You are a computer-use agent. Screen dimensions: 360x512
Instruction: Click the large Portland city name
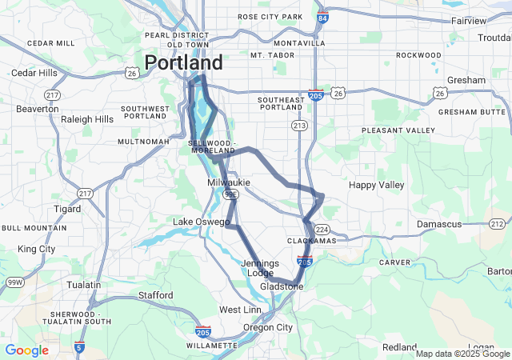pos(184,63)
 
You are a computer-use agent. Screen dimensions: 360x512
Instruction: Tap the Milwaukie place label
pos(229,183)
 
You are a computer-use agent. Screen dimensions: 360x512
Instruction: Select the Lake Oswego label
pos(202,222)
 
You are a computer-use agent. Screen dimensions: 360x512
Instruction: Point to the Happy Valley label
pos(377,185)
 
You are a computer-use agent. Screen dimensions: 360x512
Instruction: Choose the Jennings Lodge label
pos(260,268)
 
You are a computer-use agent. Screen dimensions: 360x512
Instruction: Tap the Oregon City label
pos(268,327)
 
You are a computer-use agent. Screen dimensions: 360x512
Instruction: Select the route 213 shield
pos(299,126)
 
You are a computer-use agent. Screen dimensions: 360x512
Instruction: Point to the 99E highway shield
pos(230,194)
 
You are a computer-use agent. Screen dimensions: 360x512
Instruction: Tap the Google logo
pos(26,350)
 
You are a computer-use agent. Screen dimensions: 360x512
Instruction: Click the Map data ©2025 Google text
pos(462,354)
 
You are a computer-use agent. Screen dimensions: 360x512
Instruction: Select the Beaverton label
pos(38,108)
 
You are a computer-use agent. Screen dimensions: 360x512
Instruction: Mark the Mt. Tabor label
pos(272,55)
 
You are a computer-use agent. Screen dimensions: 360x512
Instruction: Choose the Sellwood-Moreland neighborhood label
pos(212,146)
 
